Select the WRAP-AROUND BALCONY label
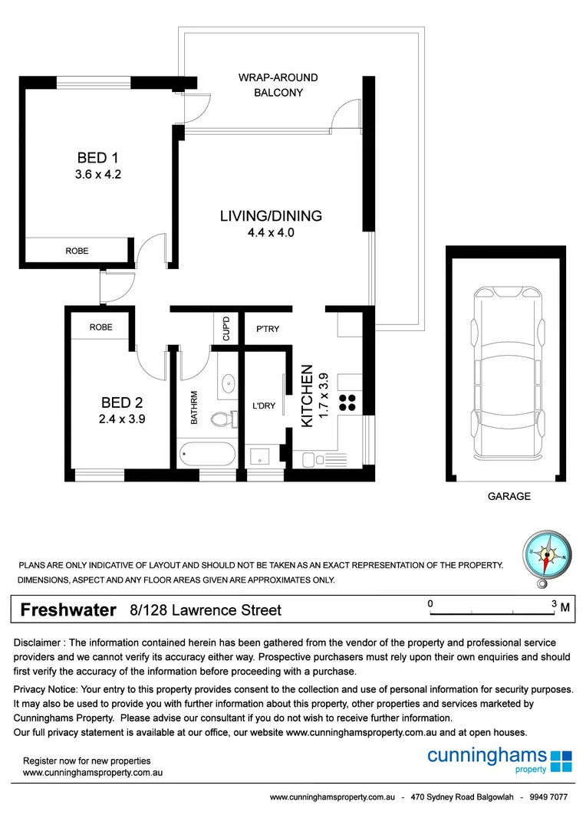click(x=278, y=85)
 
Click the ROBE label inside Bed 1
click(x=77, y=251)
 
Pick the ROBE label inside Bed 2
click(x=100, y=327)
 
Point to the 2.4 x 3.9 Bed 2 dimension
click(x=122, y=419)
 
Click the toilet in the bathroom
click(x=222, y=419)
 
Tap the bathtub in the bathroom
click(x=208, y=455)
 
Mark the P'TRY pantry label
click(x=268, y=329)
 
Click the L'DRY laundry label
click(x=263, y=406)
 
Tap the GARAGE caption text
click(x=509, y=497)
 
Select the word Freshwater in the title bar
click(x=67, y=610)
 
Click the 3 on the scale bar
click(x=554, y=604)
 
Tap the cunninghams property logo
click(x=499, y=759)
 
